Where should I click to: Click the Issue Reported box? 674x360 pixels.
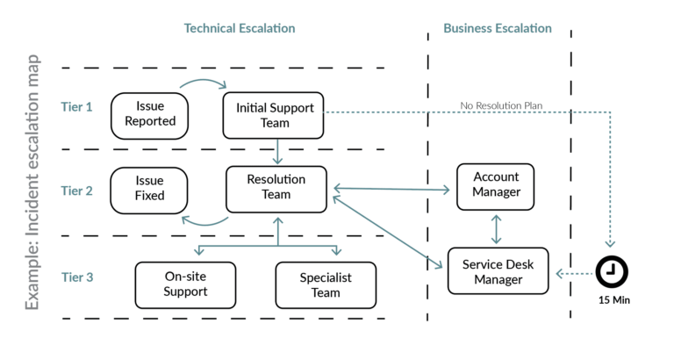click(x=150, y=114)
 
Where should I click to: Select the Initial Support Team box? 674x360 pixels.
click(x=274, y=114)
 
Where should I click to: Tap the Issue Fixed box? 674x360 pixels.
click(x=149, y=190)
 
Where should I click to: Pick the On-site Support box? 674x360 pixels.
click(x=185, y=284)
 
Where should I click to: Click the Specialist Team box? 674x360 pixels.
click(x=326, y=284)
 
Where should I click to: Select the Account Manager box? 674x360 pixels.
click(x=497, y=186)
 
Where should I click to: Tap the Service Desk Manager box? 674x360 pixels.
click(x=498, y=271)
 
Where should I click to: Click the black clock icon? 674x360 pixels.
click(x=611, y=272)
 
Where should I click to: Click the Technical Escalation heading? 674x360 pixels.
click(x=240, y=28)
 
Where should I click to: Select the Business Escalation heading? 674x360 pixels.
click(x=498, y=28)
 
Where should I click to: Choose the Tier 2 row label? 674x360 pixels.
click(x=77, y=190)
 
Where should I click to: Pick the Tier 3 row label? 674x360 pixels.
click(x=77, y=277)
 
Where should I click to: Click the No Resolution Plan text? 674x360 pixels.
click(x=501, y=105)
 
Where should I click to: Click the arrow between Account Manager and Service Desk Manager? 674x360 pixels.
click(x=498, y=228)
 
